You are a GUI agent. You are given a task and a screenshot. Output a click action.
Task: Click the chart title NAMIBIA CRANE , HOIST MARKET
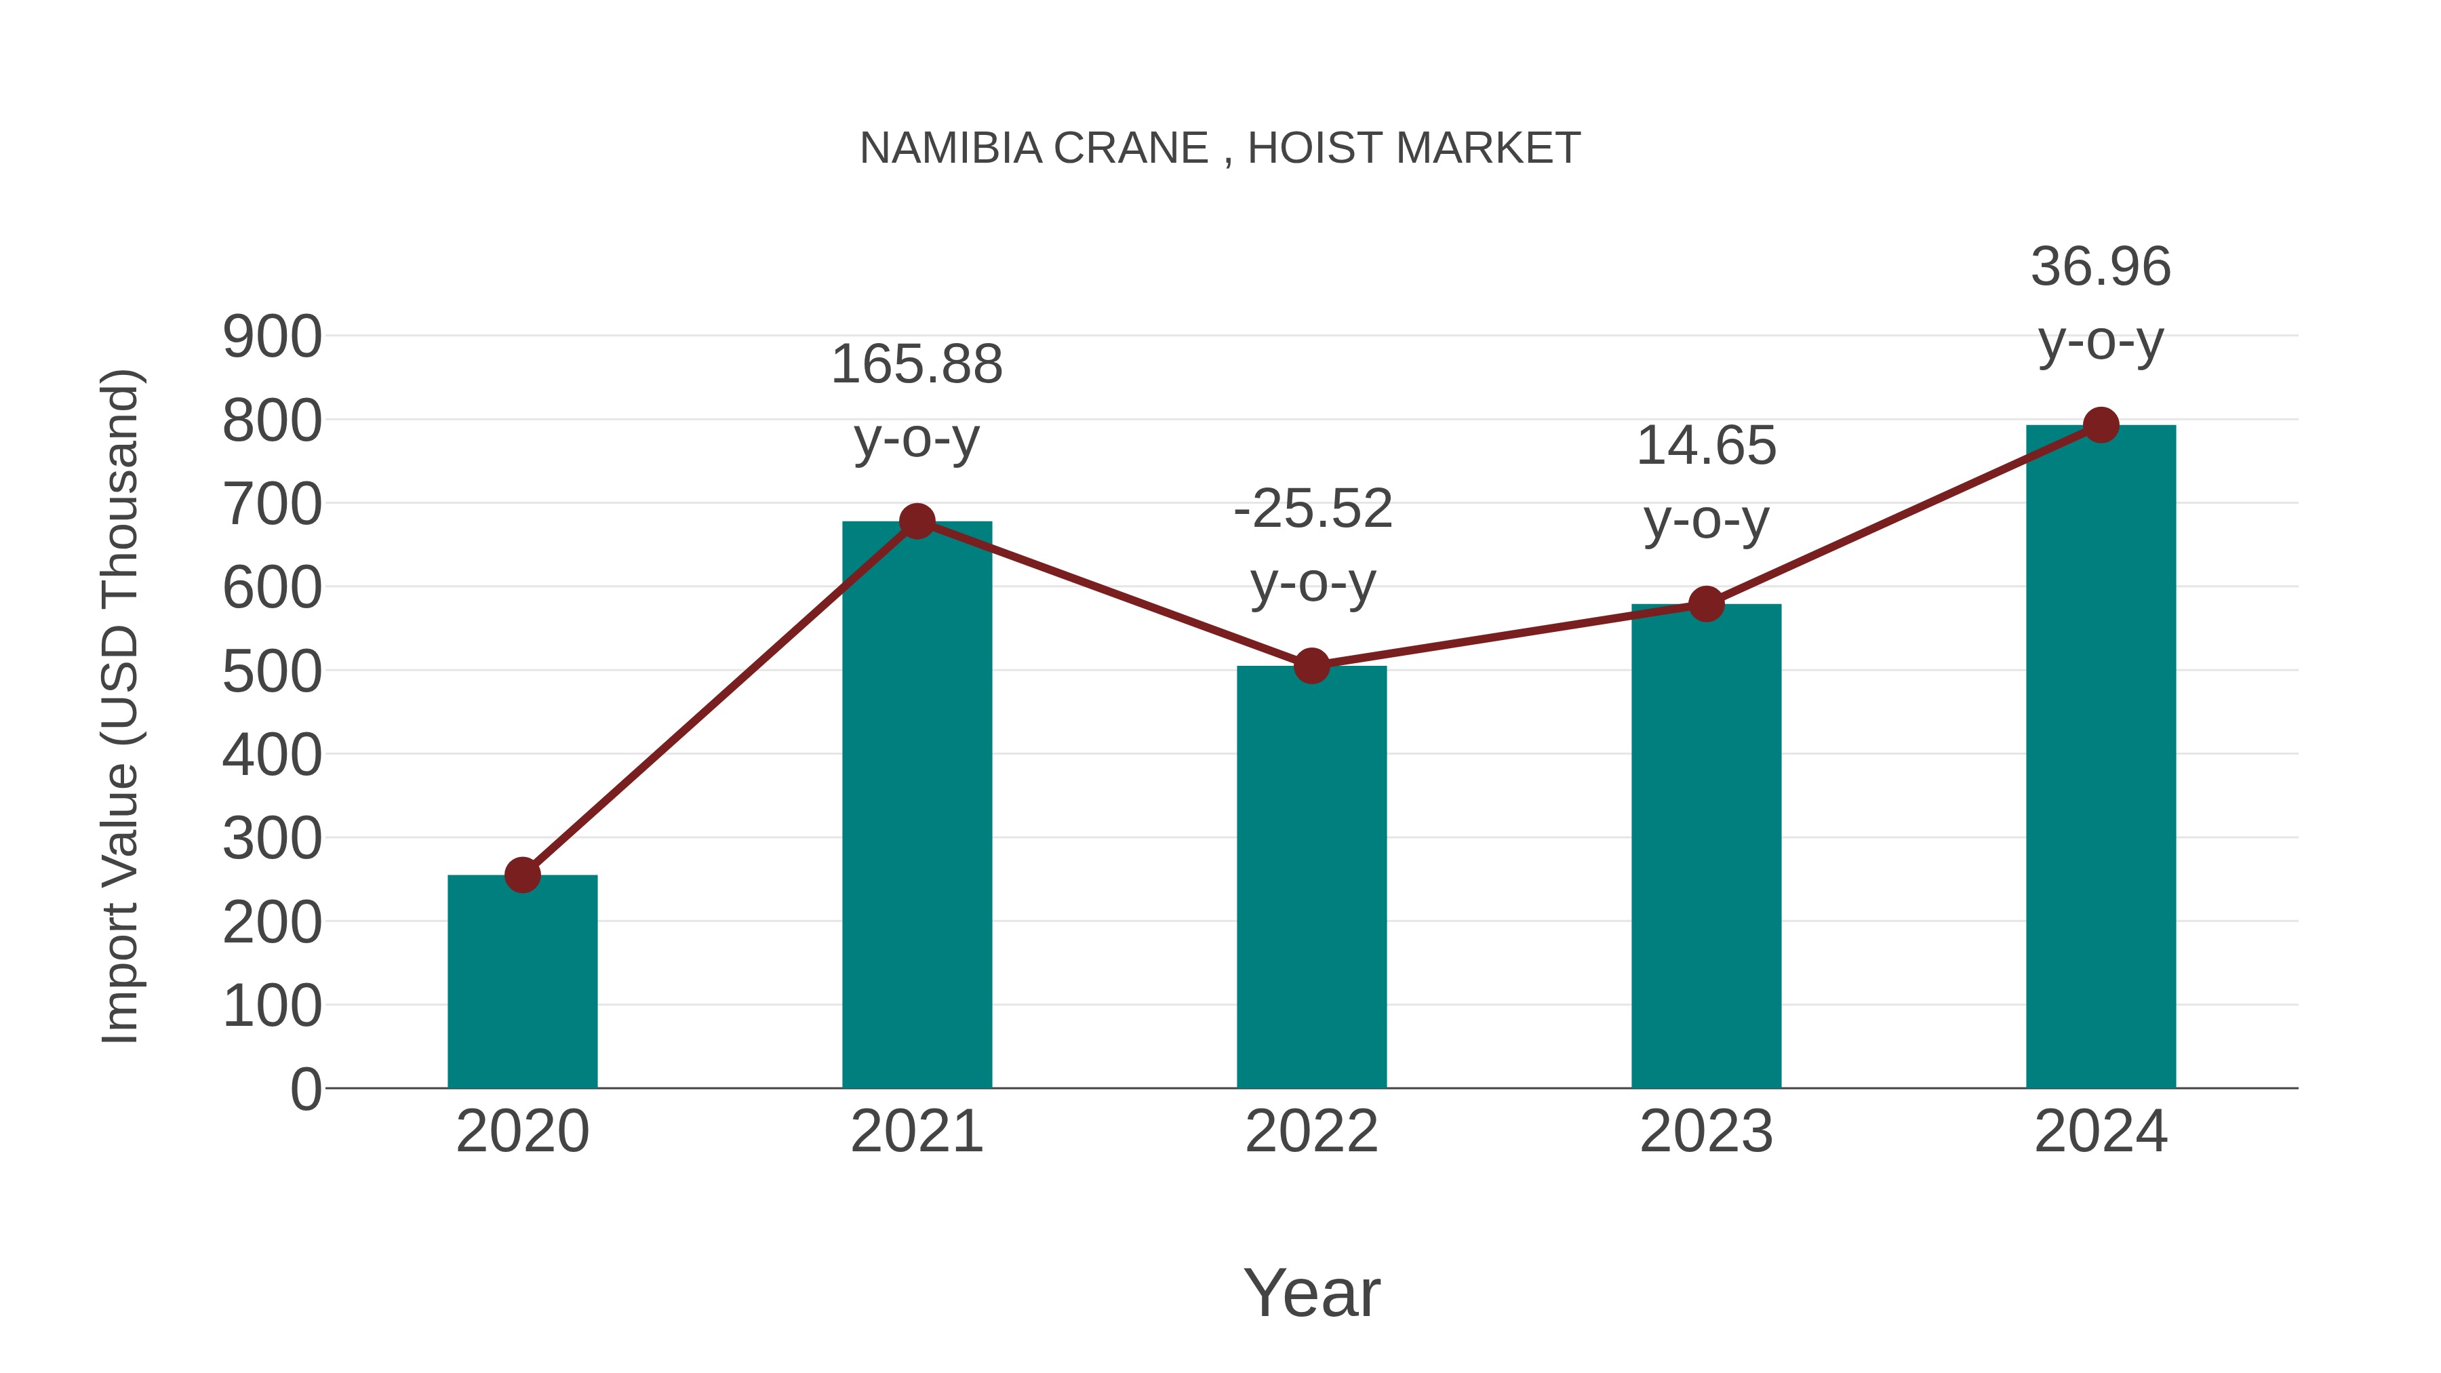(x=1220, y=148)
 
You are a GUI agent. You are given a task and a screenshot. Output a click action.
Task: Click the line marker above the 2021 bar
(x=916, y=521)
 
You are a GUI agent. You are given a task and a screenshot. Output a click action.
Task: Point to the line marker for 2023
(x=1706, y=603)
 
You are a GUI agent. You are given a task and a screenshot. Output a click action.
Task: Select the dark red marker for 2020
(x=522, y=875)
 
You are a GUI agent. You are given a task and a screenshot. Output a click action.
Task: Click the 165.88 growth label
(x=916, y=365)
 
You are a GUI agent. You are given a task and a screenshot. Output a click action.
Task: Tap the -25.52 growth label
(x=1313, y=509)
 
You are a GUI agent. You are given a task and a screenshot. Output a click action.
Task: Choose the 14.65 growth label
(x=1706, y=445)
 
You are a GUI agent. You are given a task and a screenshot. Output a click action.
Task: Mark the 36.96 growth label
(x=2101, y=266)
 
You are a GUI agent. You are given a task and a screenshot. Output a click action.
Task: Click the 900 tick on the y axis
(x=272, y=338)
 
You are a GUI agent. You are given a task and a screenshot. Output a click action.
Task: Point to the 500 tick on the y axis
(x=272, y=672)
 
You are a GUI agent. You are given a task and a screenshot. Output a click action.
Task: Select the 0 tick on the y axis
(x=305, y=1089)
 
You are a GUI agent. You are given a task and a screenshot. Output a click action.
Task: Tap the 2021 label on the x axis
(x=916, y=1132)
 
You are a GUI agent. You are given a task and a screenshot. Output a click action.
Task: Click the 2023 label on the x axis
(x=1706, y=1132)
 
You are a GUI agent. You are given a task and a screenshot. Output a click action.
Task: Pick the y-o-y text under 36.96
(x=2101, y=342)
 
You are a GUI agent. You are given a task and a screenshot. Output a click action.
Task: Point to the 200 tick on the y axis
(x=272, y=923)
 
